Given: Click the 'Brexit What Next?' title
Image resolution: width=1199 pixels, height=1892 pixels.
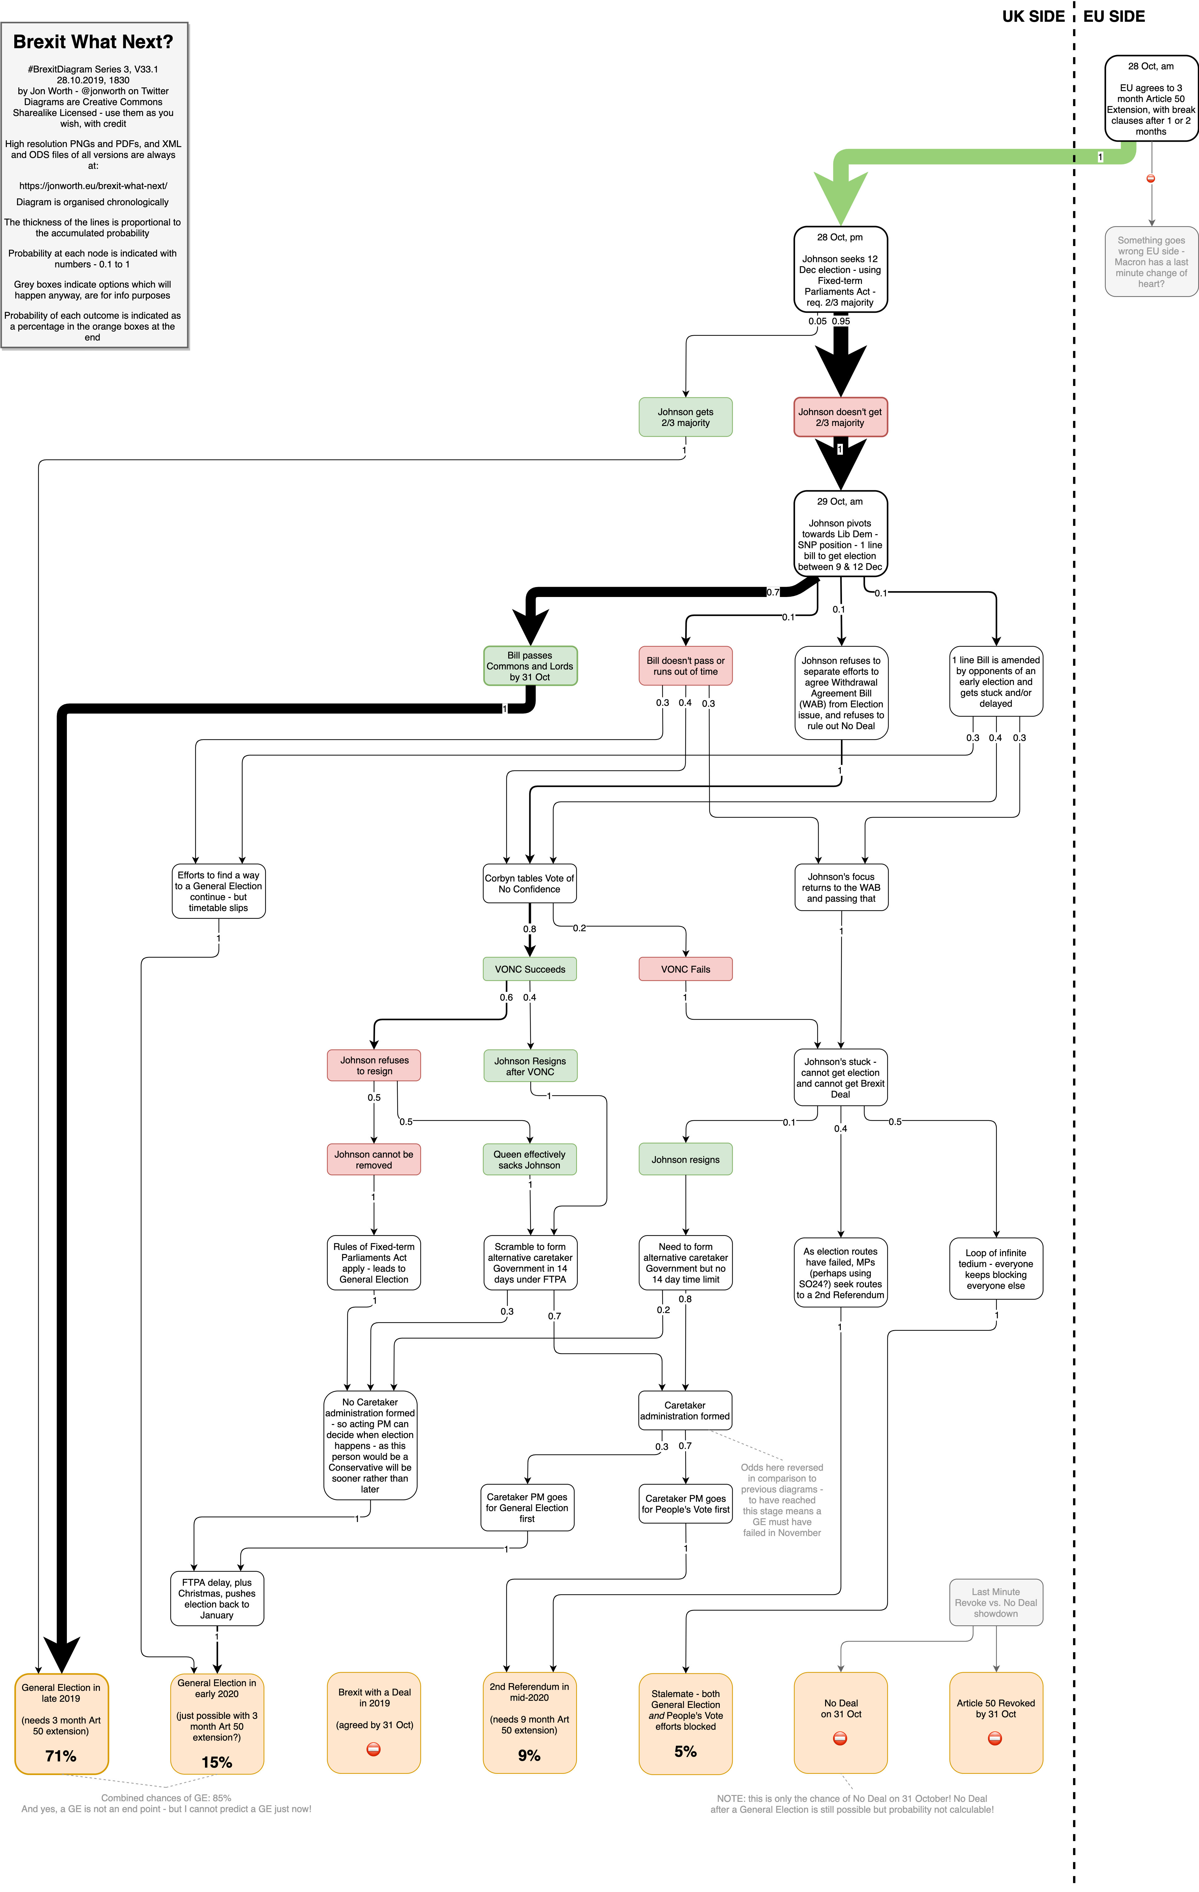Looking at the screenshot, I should tap(93, 42).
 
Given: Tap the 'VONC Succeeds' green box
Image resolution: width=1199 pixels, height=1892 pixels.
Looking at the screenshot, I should tap(530, 969).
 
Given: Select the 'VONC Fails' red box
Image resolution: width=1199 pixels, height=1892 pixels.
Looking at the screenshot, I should tap(685, 969).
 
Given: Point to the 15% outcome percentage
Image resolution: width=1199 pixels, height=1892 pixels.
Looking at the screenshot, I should tap(217, 1762).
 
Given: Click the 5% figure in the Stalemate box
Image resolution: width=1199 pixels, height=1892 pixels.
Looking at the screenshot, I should tap(685, 1751).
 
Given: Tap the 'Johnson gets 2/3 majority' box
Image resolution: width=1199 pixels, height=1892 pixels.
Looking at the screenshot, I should tap(685, 417).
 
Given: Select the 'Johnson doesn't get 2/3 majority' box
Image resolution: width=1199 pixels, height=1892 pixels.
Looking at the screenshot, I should tap(840, 417).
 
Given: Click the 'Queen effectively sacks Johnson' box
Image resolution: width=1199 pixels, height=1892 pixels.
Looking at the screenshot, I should tap(530, 1159).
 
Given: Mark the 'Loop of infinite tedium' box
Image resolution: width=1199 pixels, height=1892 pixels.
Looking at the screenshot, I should tap(996, 1269).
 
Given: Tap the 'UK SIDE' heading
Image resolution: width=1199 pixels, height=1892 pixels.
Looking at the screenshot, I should tap(1032, 16).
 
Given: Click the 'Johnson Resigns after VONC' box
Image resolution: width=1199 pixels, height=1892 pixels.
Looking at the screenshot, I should tap(530, 1066).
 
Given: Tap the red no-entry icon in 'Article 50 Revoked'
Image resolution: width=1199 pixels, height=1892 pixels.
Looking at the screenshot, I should tap(995, 1738).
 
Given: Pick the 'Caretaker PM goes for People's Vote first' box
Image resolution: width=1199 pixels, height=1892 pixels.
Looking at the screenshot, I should tap(685, 1504).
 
